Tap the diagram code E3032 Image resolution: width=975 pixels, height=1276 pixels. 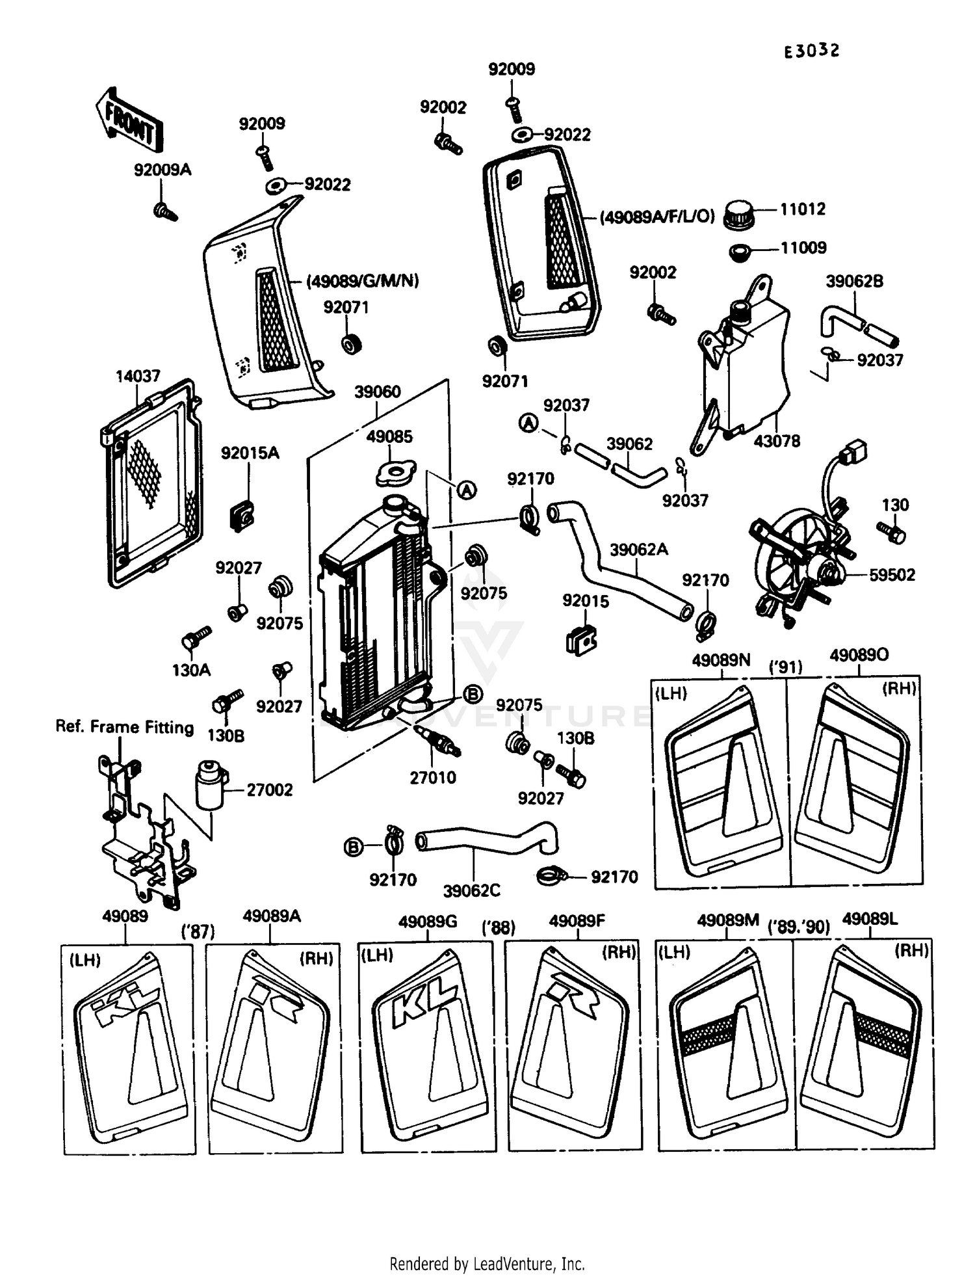point(811,51)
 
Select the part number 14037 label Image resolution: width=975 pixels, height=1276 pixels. point(138,377)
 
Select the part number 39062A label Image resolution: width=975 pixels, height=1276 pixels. point(638,550)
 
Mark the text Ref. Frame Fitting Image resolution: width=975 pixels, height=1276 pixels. point(125,726)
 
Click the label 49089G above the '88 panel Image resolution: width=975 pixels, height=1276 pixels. point(427,922)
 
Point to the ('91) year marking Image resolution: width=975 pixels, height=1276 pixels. point(785,667)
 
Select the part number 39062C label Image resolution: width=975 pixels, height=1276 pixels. point(472,890)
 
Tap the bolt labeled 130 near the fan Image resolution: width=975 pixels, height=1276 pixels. point(892,531)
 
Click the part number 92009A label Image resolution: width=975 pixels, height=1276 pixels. point(162,170)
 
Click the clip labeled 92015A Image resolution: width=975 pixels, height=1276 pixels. point(242,515)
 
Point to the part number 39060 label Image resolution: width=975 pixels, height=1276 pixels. point(377,392)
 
